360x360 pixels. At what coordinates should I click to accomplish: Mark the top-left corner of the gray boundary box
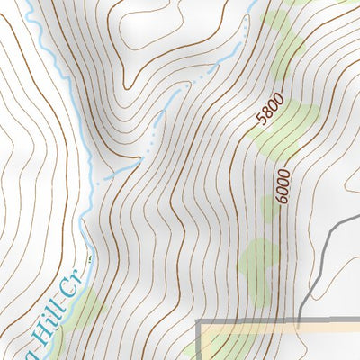coord(199,321)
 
